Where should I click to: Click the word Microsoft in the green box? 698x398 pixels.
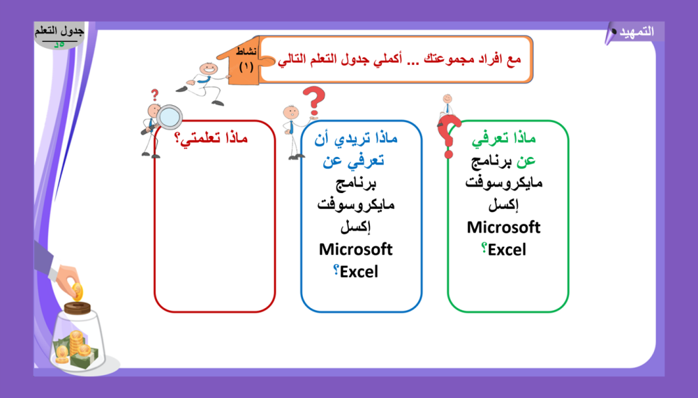(x=503, y=227)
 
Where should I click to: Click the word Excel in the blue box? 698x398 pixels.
(x=359, y=272)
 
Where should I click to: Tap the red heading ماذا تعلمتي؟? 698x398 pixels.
(x=211, y=138)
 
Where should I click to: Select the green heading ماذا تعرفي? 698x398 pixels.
(x=503, y=138)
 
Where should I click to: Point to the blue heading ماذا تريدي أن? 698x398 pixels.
(x=356, y=138)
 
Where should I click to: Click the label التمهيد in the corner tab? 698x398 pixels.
(x=637, y=32)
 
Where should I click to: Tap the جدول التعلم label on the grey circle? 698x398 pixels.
(x=59, y=31)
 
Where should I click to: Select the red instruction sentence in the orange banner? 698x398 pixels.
(x=399, y=59)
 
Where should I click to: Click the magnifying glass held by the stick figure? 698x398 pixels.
(x=169, y=117)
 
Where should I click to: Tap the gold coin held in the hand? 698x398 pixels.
(x=77, y=292)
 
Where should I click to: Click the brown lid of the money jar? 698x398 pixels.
(x=77, y=308)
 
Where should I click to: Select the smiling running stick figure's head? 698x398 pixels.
(x=208, y=69)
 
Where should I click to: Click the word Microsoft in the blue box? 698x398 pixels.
(x=356, y=250)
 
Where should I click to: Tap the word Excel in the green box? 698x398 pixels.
(x=507, y=250)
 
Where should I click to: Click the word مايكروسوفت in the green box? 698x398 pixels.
(x=503, y=183)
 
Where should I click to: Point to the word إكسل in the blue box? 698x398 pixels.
(x=356, y=227)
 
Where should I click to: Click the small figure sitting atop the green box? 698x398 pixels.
(x=447, y=106)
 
